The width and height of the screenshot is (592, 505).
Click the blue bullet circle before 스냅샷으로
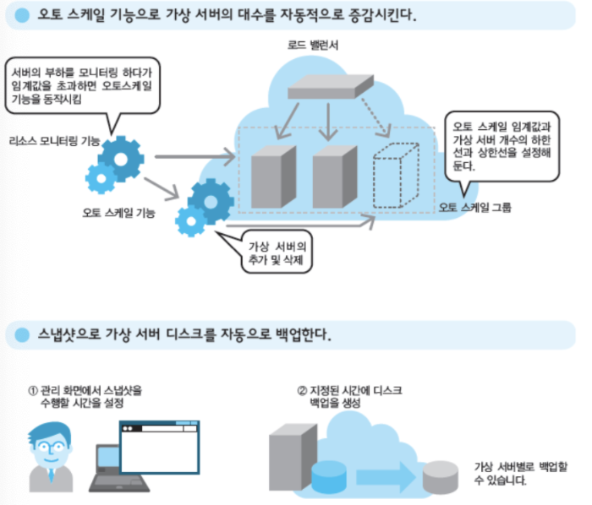pos(20,334)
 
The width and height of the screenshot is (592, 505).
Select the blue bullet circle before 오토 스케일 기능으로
pos(20,17)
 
